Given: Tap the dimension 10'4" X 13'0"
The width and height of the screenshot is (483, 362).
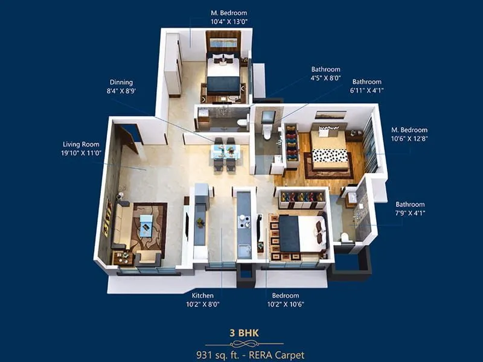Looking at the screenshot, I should coord(229,21).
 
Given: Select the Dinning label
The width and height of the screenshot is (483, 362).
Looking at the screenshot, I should coord(121,82).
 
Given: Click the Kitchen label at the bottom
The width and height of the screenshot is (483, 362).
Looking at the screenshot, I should coord(203,296).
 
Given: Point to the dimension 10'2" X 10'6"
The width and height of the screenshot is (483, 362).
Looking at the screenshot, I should coord(286,305).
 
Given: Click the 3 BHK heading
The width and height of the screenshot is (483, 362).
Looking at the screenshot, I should coord(240,332).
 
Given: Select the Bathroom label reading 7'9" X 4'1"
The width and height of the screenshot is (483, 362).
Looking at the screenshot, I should coord(410,205).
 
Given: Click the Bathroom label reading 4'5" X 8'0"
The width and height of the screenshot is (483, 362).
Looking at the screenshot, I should coord(326,69).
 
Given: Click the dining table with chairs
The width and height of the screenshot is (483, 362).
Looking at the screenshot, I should coord(225,154).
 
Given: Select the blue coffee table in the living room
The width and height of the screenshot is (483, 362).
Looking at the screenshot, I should coord(146,225).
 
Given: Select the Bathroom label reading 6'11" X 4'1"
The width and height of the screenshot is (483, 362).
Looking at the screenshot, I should coord(367,81).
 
